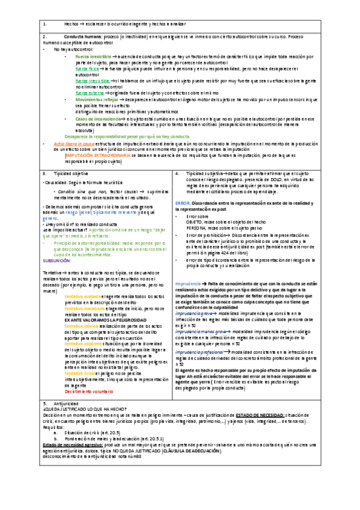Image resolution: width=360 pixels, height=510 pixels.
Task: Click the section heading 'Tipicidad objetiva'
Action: coord(79,173)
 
